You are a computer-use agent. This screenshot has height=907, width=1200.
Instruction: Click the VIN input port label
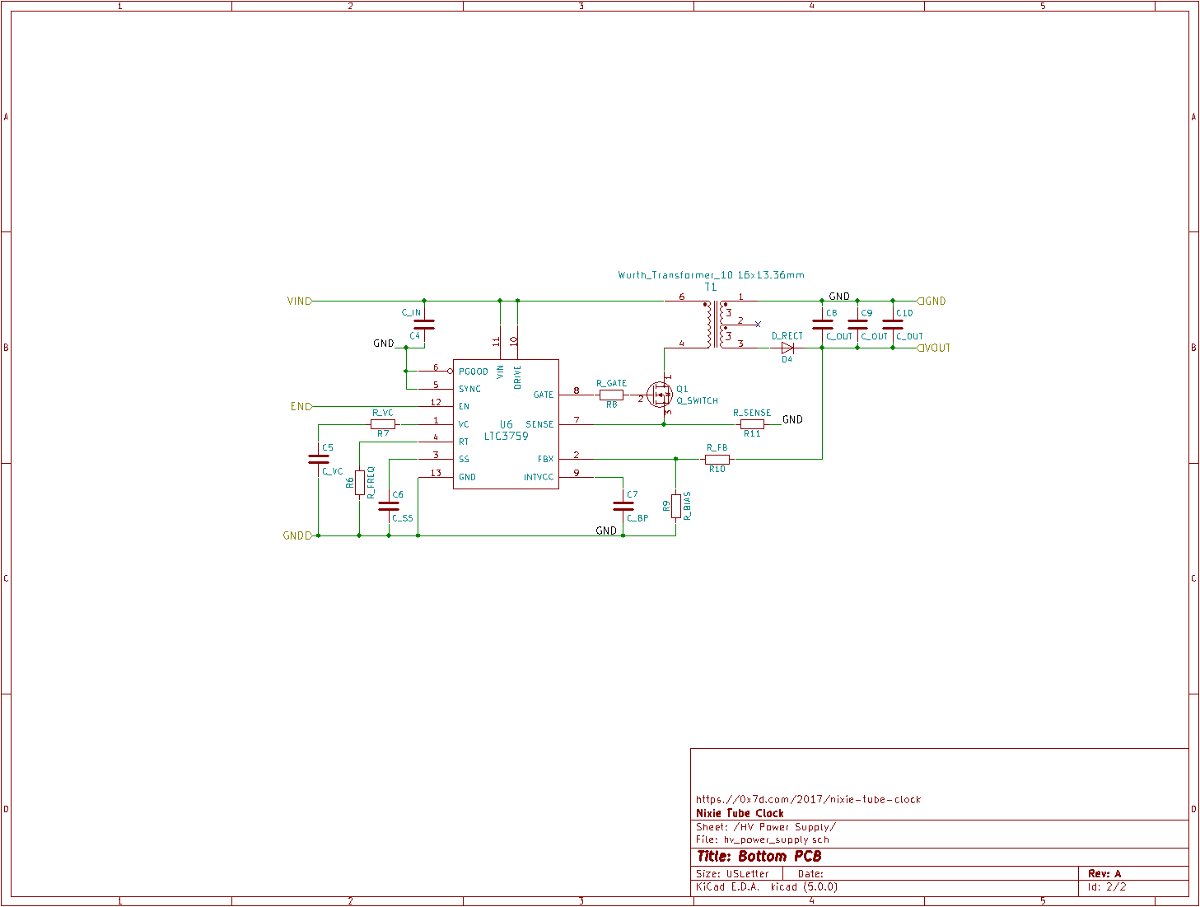(x=298, y=302)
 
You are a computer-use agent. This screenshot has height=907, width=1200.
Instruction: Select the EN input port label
(x=300, y=407)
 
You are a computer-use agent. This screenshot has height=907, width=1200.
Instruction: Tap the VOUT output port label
(x=936, y=348)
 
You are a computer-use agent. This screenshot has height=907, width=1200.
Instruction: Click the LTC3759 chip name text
(x=506, y=437)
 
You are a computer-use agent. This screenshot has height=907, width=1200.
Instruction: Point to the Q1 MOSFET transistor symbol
(x=660, y=395)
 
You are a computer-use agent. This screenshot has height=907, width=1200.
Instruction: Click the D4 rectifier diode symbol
(x=787, y=348)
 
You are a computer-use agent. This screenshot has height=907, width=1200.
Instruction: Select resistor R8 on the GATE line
(x=611, y=395)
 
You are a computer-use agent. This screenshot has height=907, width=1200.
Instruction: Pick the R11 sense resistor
(x=752, y=425)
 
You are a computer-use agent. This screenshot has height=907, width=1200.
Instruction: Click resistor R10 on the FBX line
(x=717, y=460)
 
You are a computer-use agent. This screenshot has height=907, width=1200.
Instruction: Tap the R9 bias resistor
(x=676, y=506)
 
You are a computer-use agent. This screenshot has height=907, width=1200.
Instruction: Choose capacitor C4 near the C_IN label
(x=423, y=324)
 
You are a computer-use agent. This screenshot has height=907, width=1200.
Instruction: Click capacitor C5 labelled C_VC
(x=318, y=459)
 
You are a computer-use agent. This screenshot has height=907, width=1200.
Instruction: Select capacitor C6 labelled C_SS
(x=389, y=506)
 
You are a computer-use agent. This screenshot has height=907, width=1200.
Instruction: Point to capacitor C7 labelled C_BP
(x=623, y=506)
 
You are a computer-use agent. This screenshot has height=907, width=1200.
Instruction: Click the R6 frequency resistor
(x=360, y=483)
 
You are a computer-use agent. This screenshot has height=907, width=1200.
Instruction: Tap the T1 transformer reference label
(x=710, y=288)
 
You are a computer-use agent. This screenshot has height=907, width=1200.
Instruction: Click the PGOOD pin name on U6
(x=474, y=372)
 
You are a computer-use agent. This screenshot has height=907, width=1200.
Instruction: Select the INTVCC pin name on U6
(x=539, y=478)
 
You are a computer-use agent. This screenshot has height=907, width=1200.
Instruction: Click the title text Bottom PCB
(x=759, y=857)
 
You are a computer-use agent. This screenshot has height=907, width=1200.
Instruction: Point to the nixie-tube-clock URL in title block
(x=808, y=799)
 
